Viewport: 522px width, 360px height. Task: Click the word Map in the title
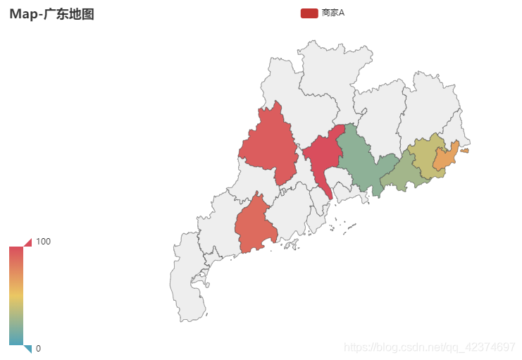pyautogui.click(x=23, y=14)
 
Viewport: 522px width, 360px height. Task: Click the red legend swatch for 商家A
pyautogui.click(x=309, y=13)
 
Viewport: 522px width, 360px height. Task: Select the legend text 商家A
pyautogui.click(x=333, y=13)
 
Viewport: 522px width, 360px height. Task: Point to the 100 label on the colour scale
pyautogui.click(x=43, y=242)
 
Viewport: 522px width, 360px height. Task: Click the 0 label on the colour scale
pyautogui.click(x=38, y=348)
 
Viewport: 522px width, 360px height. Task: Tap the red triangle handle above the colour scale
pyautogui.click(x=27, y=242)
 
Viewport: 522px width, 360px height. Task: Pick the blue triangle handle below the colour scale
pyautogui.click(x=27, y=349)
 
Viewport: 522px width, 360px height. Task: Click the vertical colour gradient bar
pyautogui.click(x=16, y=296)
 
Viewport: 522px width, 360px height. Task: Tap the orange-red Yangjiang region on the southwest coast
pyautogui.click(x=256, y=225)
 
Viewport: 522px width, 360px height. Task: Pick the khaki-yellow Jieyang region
pyautogui.click(x=426, y=155)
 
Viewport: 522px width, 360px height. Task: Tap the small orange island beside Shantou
pyautogui.click(x=464, y=150)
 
